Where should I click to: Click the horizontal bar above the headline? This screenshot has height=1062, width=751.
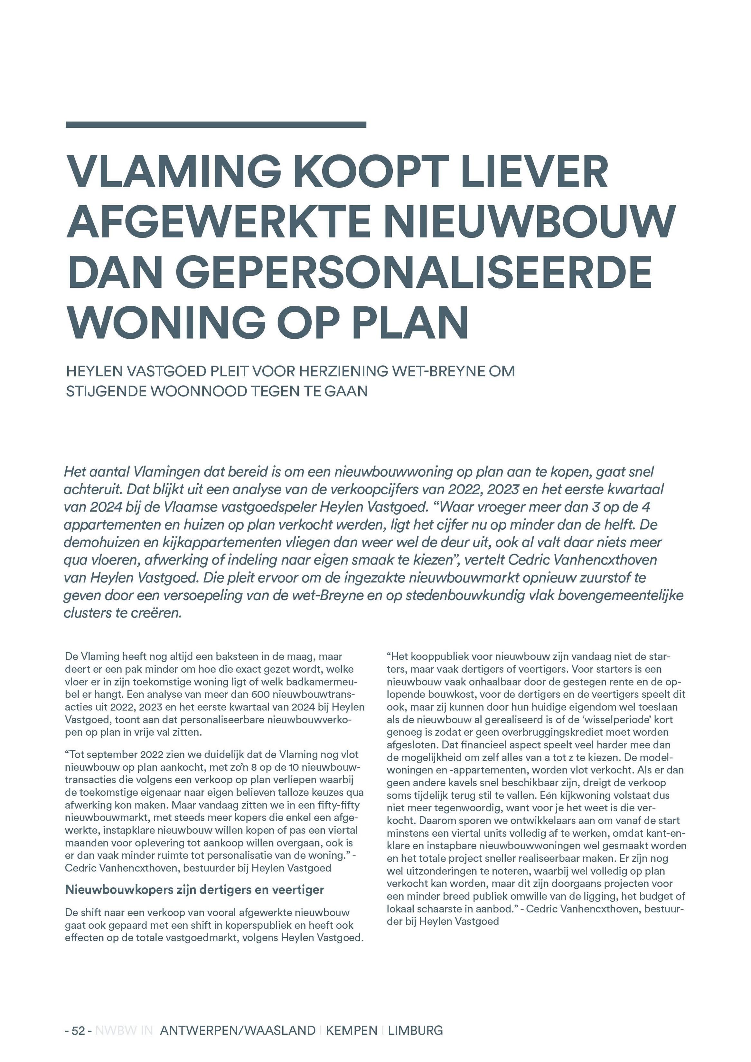coord(216,125)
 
